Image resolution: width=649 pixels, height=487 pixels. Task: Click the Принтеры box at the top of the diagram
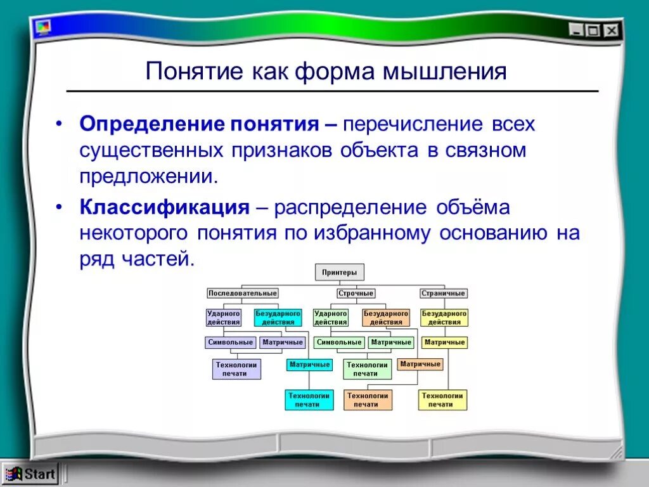[340, 273]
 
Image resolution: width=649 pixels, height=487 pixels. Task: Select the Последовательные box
[243, 294]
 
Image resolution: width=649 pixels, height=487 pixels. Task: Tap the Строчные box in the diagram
[356, 294]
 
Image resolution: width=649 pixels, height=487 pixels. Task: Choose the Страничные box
[444, 294]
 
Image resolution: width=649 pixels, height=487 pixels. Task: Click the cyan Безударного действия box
[278, 318]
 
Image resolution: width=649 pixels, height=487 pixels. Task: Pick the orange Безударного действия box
[386, 318]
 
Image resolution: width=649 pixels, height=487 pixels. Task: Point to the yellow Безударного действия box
[444, 318]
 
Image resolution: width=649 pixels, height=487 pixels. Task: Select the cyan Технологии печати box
[309, 399]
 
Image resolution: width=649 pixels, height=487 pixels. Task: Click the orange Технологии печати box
[368, 399]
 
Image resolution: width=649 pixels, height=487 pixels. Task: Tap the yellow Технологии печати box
[442, 399]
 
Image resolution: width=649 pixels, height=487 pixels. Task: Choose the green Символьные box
[339, 342]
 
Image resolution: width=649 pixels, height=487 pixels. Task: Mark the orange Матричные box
[420, 365]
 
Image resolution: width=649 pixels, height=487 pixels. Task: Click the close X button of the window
[611, 30]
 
